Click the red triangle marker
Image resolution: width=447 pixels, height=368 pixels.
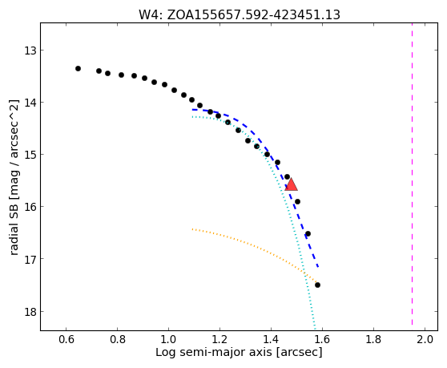coord(291,184)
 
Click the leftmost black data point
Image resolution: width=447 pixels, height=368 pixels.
coord(79,68)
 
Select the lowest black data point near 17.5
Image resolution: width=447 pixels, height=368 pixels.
coord(317,285)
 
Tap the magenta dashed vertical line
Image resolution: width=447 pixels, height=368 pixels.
coord(413,174)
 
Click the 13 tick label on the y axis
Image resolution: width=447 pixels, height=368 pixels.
coord(30,51)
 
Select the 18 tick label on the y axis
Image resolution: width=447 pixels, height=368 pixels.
coord(30,312)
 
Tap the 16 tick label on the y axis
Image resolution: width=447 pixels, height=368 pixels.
coord(30,207)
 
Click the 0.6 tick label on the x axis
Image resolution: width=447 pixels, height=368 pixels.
coord(66,340)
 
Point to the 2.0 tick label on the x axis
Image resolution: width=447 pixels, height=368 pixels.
coord(425,340)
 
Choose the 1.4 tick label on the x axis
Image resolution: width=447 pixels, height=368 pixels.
coord(271,340)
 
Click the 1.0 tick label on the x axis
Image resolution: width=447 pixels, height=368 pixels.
coord(168,340)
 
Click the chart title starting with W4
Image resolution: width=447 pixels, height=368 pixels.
coord(240,14)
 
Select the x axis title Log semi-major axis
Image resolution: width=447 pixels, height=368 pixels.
coord(239,353)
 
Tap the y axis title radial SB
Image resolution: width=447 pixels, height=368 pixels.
coord(14,177)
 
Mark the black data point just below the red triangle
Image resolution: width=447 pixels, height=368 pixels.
coord(298,202)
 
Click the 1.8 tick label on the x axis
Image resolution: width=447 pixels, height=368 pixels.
coord(373,340)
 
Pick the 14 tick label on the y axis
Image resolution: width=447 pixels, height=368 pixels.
coord(30,103)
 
